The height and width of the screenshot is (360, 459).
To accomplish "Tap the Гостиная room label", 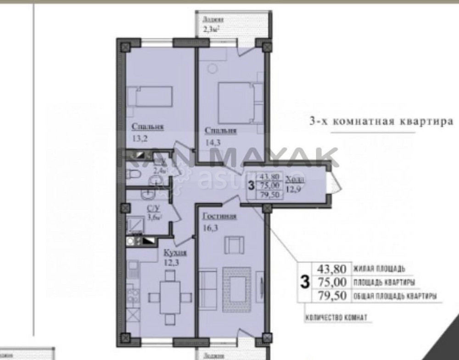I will pyautogui.click(x=219, y=217).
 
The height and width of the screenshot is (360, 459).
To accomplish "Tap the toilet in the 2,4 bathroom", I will pyautogui.click(x=134, y=174).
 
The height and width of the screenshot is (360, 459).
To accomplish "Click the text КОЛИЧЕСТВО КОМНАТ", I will pyautogui.click(x=336, y=317).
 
